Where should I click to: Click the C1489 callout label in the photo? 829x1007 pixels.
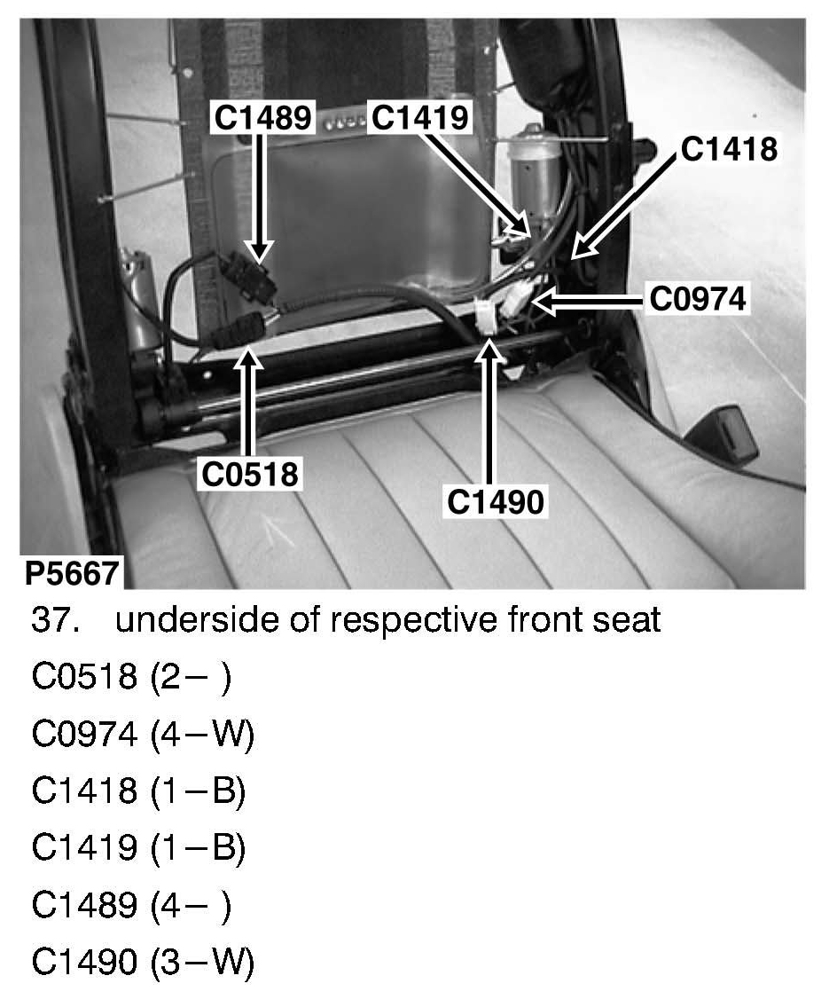pyautogui.click(x=262, y=117)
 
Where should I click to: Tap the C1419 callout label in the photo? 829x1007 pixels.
pyautogui.click(x=419, y=117)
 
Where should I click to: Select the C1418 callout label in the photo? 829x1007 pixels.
pyautogui.click(x=729, y=148)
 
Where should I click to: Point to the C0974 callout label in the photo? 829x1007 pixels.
pyautogui.click(x=698, y=299)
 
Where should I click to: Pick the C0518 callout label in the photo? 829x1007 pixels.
pyautogui.click(x=250, y=473)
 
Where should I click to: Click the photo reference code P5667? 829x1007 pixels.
pyautogui.click(x=71, y=573)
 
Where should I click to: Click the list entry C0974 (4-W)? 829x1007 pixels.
pyautogui.click(x=143, y=734)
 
